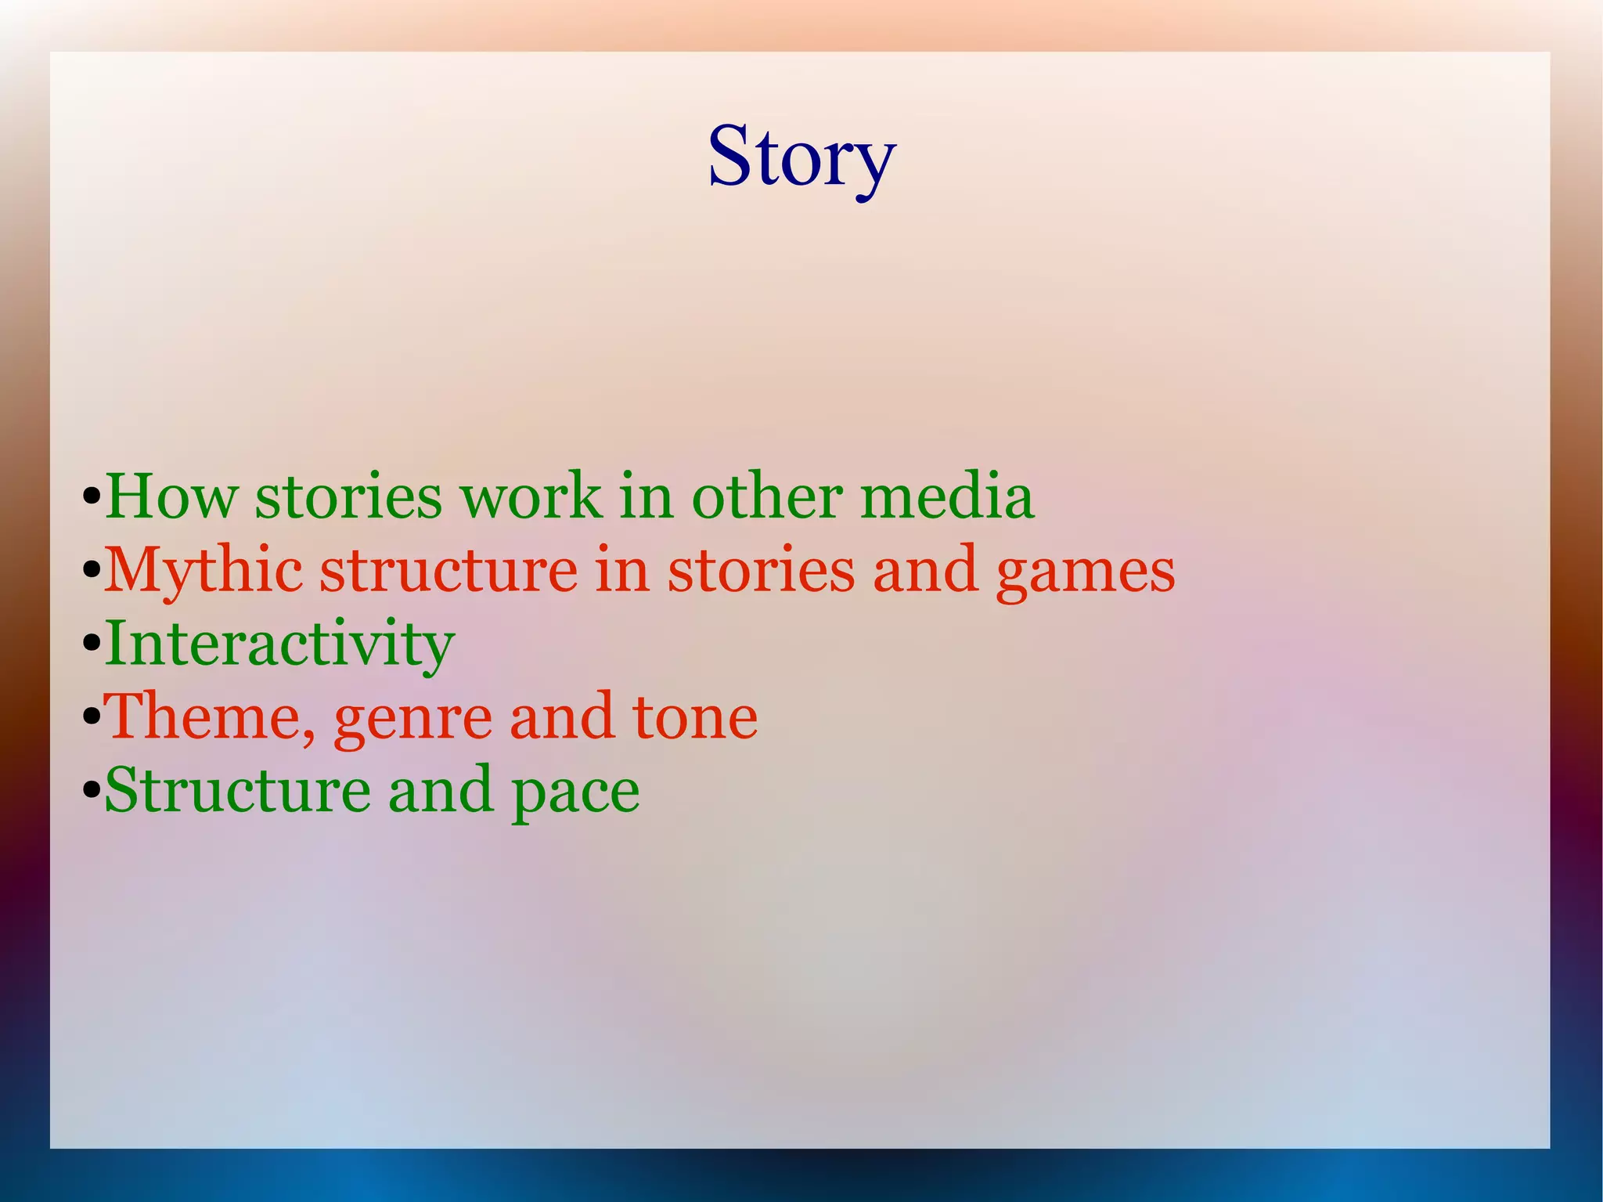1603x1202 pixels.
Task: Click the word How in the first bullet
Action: pyautogui.click(x=171, y=496)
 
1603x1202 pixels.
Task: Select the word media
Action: pyautogui.click(x=946, y=496)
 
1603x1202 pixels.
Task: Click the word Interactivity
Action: pyautogui.click(x=279, y=644)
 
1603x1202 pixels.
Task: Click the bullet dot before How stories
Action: pyautogui.click(x=92, y=498)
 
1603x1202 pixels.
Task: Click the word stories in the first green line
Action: pyautogui.click(x=348, y=496)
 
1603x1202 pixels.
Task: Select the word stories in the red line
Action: pyautogui.click(x=761, y=570)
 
